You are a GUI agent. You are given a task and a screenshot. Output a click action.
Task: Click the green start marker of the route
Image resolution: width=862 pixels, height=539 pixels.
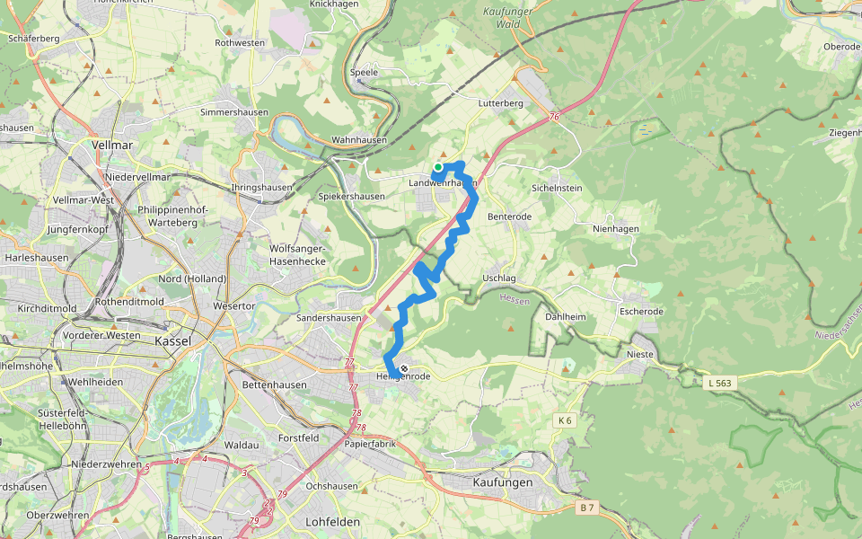coord(438,167)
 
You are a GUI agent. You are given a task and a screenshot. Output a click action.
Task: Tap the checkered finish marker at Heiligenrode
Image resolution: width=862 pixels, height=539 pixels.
coord(404,368)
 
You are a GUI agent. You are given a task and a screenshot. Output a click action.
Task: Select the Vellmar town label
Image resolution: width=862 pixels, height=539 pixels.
coord(113,144)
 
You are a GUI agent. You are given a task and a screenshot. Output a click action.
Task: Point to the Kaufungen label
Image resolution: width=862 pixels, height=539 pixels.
coord(502,482)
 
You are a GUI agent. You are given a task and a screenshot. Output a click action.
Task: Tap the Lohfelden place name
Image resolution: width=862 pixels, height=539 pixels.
coord(332,521)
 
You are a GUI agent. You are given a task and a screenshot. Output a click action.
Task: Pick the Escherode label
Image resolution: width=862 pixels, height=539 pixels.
coord(641,312)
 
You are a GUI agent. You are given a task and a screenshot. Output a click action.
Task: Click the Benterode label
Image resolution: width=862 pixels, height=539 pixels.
coord(509,217)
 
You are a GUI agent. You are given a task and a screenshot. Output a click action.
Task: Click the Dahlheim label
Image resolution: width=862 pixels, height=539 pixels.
coord(565,316)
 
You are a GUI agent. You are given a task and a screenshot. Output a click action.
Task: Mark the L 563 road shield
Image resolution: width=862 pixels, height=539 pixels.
coord(720,384)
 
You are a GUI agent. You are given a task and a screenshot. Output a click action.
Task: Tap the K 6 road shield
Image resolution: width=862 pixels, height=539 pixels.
coord(564,420)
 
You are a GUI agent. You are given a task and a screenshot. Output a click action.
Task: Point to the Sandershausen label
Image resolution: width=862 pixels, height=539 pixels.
coord(329,318)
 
